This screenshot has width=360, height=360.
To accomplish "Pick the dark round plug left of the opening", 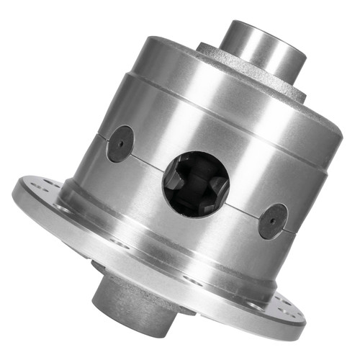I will coord(120,144).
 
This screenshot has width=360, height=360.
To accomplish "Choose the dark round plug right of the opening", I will coord(274,221).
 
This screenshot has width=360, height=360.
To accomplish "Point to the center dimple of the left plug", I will coord(120,144).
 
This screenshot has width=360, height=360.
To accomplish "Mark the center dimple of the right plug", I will coord(274,221).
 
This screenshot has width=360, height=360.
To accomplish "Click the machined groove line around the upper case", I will coord(216,97).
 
